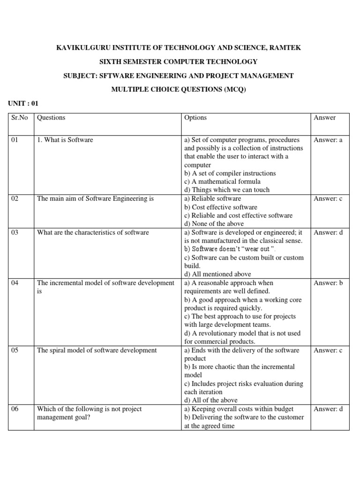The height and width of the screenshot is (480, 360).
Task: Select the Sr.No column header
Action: (20, 118)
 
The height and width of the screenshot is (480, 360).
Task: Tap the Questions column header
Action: (51, 118)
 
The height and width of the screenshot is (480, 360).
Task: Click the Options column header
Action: (195, 118)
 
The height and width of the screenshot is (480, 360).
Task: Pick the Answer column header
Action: (325, 118)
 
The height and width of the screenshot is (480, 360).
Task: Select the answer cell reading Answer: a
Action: (328, 140)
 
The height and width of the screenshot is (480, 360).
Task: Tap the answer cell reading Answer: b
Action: (328, 283)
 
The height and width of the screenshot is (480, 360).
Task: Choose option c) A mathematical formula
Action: (223, 182)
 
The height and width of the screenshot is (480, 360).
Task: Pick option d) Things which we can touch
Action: (227, 190)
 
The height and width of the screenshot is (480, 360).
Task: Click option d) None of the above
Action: (214, 224)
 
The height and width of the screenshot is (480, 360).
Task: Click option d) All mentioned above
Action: (218, 274)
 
